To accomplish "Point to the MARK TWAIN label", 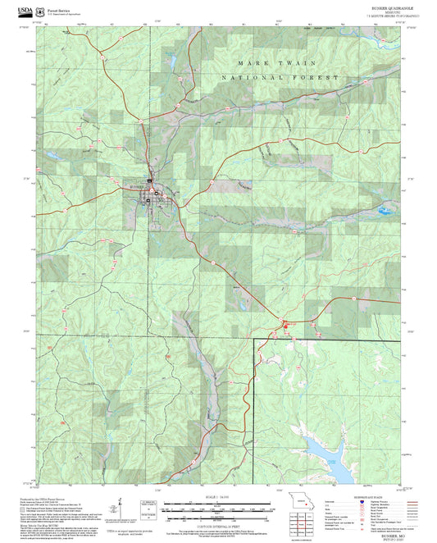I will [x=266, y=63].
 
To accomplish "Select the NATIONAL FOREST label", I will [x=279, y=77].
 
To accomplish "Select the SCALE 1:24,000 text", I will [x=217, y=496].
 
